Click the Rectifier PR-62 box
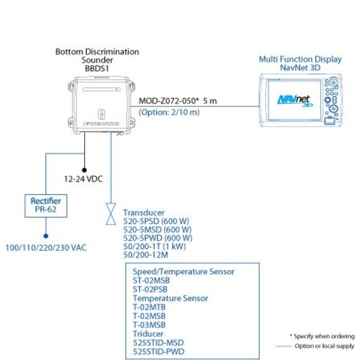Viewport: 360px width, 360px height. (x=45, y=205)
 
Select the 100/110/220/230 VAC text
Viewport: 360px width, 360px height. (x=45, y=247)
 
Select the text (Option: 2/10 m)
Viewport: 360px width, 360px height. (x=169, y=112)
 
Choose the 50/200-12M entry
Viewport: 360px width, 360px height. (x=146, y=254)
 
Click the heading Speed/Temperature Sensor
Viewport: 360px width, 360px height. (x=183, y=271)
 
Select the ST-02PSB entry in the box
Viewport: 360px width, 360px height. (x=150, y=289)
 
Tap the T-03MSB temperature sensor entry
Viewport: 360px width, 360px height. (x=149, y=325)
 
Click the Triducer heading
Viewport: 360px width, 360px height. (x=148, y=333)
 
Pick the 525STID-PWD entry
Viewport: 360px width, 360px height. (x=158, y=351)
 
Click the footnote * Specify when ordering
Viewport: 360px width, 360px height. (x=322, y=336)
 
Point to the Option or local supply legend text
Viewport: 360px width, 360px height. (x=325, y=346)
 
